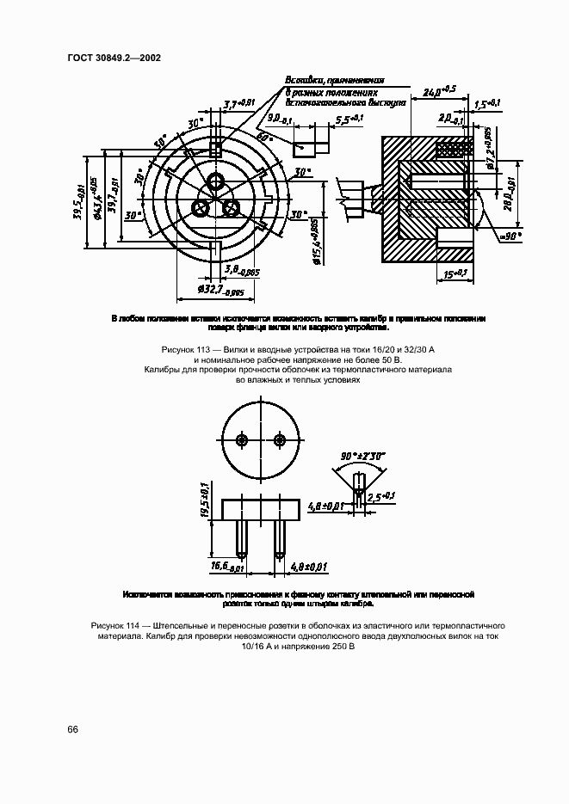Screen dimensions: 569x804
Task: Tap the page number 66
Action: (72, 729)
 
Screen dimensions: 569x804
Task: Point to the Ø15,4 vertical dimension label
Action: (317, 244)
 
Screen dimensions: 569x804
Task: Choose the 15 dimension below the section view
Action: (455, 274)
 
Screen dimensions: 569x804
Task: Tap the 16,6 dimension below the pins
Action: (226, 568)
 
